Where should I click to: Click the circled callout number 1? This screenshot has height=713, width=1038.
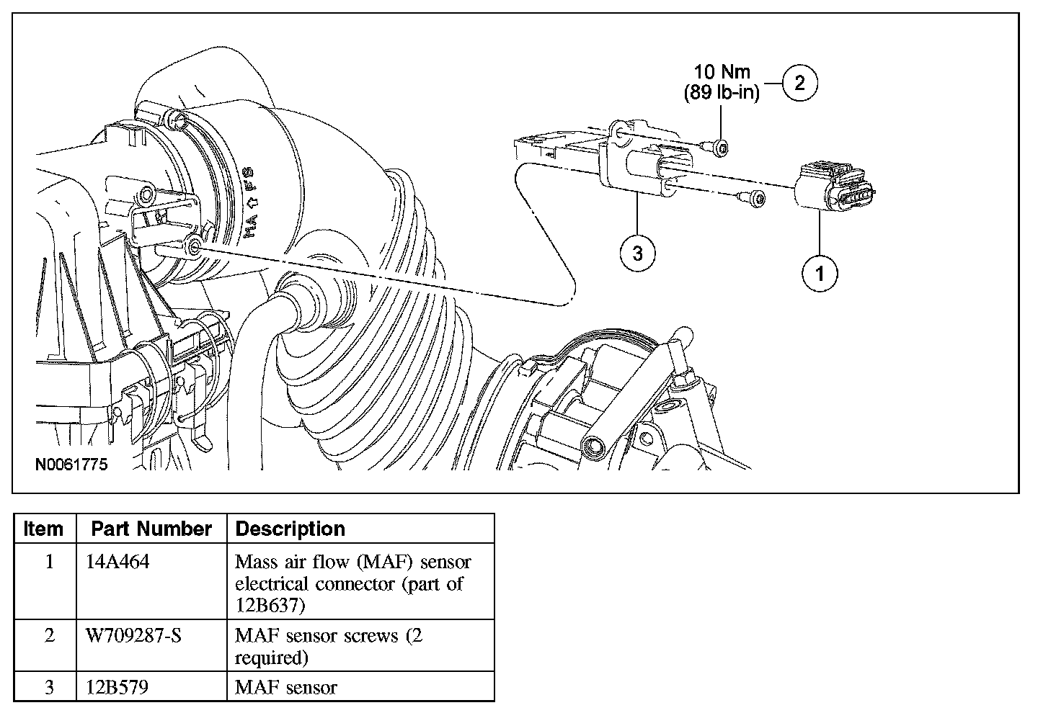click(x=820, y=273)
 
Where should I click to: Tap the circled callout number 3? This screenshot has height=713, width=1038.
click(x=637, y=253)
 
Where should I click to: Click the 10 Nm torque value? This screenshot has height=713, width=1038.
click(x=722, y=72)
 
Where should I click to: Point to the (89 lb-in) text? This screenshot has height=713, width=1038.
click(x=721, y=93)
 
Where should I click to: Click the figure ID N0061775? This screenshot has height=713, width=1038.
click(x=71, y=465)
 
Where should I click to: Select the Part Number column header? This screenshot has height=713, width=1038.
click(x=151, y=529)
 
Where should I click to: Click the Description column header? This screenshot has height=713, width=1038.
click(x=290, y=529)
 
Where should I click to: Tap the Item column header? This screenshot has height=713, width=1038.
click(x=43, y=529)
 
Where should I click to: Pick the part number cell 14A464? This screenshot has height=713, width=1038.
click(x=117, y=562)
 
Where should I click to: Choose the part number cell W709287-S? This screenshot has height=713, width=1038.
click(x=133, y=636)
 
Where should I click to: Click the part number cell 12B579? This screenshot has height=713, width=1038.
click(x=117, y=687)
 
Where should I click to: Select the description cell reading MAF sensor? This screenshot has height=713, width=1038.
click(x=286, y=687)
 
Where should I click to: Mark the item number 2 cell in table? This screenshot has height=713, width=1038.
click(x=49, y=636)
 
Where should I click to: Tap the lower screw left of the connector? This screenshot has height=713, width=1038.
click(x=753, y=197)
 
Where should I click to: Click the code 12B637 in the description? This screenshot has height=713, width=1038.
click(x=271, y=605)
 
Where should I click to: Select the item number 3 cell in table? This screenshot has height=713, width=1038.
click(x=49, y=687)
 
